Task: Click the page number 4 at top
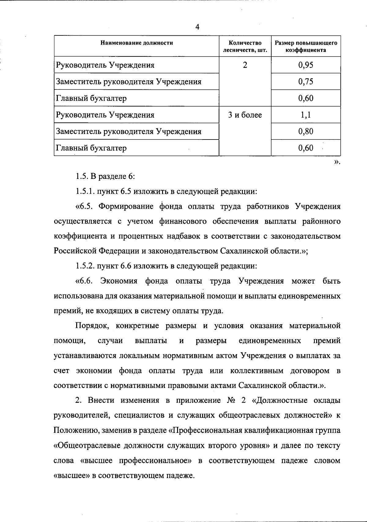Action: point(197,27)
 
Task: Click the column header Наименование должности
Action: point(137,43)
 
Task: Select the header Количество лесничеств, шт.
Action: point(245,46)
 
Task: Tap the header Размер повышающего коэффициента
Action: point(306,46)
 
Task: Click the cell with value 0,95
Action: point(306,65)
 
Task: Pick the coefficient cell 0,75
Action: point(306,82)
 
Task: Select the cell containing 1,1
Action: point(306,115)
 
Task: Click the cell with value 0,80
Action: point(306,131)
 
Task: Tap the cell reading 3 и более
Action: point(245,115)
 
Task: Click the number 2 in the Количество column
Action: point(245,65)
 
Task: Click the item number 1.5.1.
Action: point(85,192)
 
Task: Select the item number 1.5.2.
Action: point(85,266)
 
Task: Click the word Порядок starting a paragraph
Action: point(91,326)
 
